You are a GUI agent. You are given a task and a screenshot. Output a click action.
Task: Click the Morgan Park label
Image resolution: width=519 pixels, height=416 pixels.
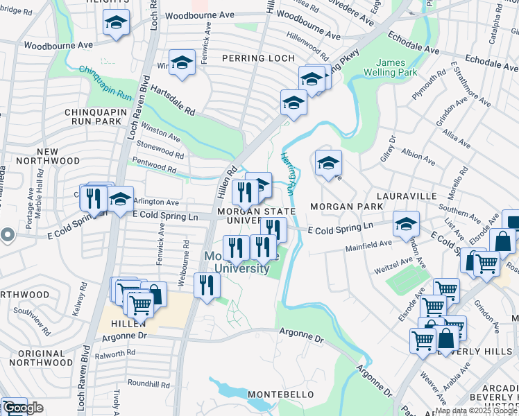coord(346,207)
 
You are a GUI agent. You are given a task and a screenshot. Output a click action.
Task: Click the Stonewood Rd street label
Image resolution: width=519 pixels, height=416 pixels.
coord(161,150)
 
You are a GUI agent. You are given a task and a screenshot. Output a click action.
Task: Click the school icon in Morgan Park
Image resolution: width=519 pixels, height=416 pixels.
coord(328,164)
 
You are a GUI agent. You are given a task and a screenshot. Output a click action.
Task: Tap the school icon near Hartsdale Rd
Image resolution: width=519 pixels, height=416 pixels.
coord(182,63)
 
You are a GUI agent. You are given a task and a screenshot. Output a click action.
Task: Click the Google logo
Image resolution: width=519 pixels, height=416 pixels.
coord(23,408)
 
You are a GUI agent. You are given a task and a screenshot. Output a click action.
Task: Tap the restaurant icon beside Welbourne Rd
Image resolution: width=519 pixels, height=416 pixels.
coord(207,284)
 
